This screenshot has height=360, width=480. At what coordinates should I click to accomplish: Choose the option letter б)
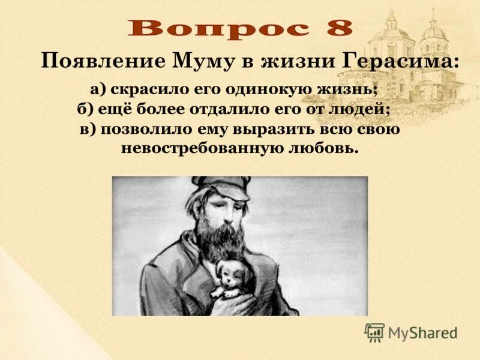coord(85,109)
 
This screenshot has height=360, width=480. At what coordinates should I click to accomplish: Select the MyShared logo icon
coord(374,332)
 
